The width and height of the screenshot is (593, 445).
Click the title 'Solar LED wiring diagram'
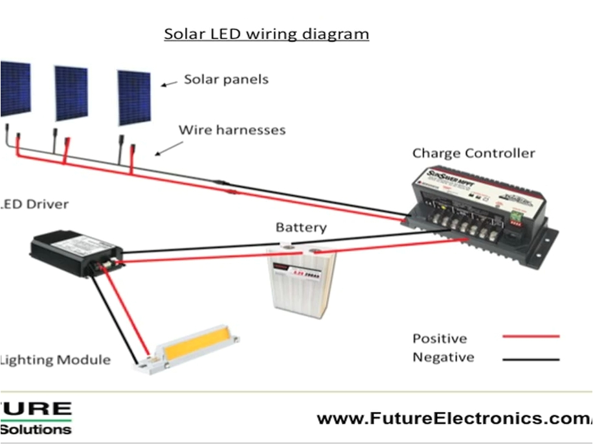pyautogui.click(x=266, y=34)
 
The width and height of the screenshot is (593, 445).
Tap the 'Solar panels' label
pyautogui.click(x=226, y=80)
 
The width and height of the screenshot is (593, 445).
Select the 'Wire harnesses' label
pyautogui.click(x=232, y=130)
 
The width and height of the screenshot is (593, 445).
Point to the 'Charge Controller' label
pyautogui.click(x=474, y=154)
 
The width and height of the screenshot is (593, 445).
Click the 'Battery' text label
pyautogui.click(x=301, y=228)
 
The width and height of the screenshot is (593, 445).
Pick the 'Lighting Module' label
pyautogui.click(x=56, y=359)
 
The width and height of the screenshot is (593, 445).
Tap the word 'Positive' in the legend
pyautogui.click(x=440, y=339)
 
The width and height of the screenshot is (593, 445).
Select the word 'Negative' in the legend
pyautogui.click(x=443, y=357)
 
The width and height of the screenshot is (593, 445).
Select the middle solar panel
pyautogui.click(x=71, y=93)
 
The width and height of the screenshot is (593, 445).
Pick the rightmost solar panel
pyautogui.click(x=134, y=98)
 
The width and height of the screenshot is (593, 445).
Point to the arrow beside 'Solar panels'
pyautogui.click(x=169, y=84)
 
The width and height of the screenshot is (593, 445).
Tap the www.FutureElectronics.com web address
pyautogui.click(x=453, y=419)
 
